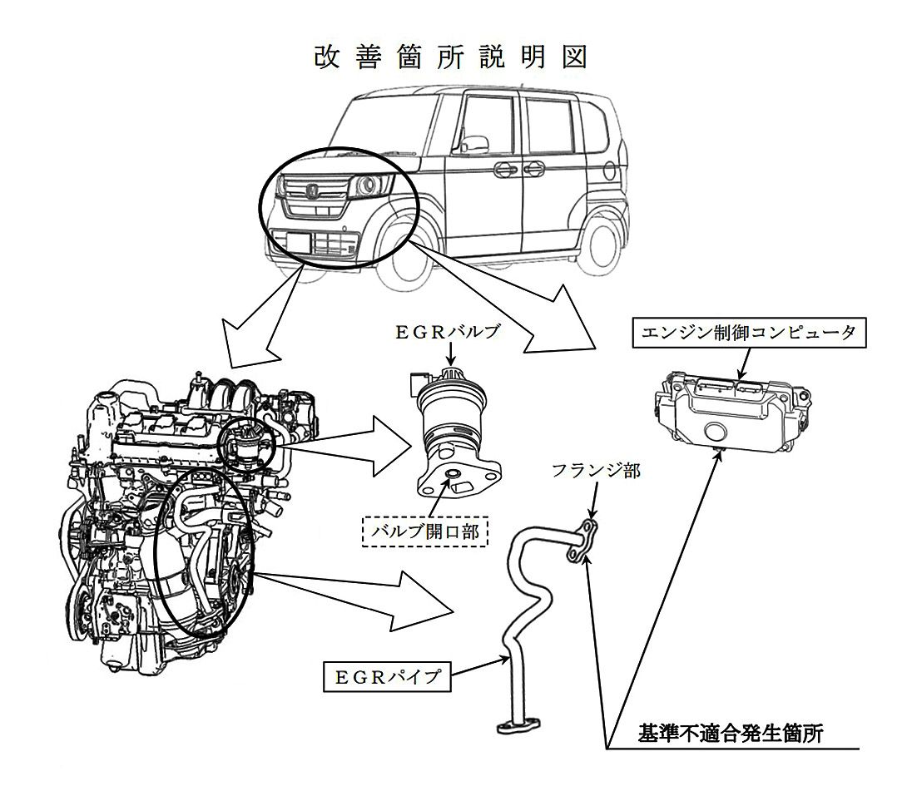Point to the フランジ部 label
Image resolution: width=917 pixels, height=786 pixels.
point(597,472)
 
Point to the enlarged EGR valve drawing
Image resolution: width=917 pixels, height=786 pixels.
point(450,428)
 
